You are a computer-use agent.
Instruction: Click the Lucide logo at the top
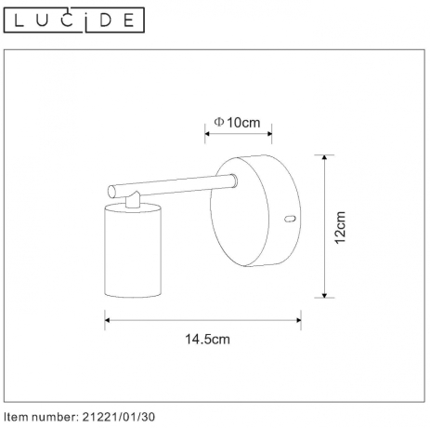click(73, 18)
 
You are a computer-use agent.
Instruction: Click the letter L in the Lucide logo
click(16, 18)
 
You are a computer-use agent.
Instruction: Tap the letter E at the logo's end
click(132, 18)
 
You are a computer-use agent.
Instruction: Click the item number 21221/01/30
click(118, 417)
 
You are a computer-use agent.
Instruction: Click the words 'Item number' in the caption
click(37, 417)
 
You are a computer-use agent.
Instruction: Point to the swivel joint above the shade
click(134, 197)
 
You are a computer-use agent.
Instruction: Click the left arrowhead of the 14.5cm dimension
click(108, 321)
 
